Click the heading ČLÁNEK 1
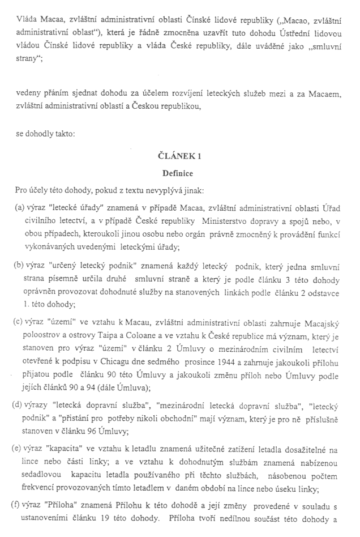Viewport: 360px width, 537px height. coord(179,155)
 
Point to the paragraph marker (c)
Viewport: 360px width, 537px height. coord(19,322)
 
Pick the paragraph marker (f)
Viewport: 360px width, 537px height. coord(19,506)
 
